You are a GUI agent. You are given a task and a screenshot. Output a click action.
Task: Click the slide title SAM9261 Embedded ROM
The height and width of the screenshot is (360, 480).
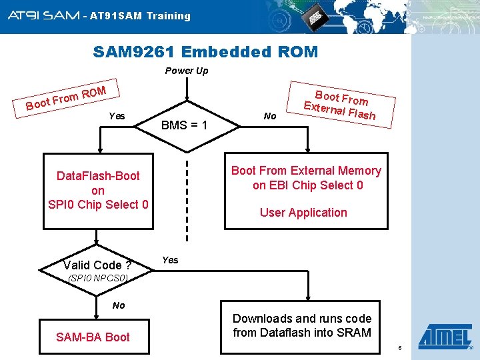[x=205, y=51]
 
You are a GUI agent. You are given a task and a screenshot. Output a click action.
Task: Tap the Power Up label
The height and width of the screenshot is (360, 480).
[x=187, y=71]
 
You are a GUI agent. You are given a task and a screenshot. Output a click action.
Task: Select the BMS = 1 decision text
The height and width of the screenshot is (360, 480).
[x=185, y=125]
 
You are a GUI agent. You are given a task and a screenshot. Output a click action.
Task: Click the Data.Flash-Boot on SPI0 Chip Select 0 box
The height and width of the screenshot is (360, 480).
[x=98, y=190]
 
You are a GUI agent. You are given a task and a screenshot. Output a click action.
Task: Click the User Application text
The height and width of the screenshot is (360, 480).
[x=303, y=213]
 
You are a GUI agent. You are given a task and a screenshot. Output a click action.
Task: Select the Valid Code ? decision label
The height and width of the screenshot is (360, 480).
[x=97, y=265]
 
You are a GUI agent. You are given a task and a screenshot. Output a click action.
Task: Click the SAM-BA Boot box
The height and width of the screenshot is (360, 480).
[x=93, y=337]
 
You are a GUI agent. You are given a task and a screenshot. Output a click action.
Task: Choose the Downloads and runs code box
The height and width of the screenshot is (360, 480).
[x=302, y=325]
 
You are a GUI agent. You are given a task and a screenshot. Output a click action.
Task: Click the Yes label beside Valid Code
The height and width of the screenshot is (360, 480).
[x=171, y=260]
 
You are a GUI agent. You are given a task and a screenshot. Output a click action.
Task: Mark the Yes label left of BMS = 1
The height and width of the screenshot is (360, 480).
[x=117, y=116]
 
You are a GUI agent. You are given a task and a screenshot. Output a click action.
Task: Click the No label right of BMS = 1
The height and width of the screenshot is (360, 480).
[x=270, y=116]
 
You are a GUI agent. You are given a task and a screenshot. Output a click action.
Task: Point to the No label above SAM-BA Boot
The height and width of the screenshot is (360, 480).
[x=119, y=305]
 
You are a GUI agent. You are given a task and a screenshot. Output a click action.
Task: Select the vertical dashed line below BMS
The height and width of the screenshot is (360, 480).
[x=187, y=200]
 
